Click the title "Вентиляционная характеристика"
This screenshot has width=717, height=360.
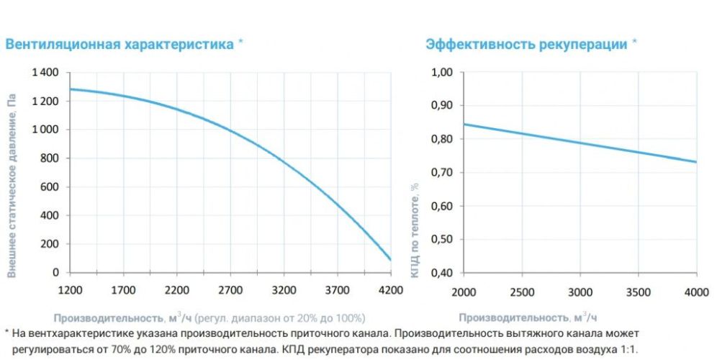(x=119, y=44)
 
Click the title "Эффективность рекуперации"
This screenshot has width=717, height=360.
(x=526, y=44)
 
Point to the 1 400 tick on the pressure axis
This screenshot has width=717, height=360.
(x=45, y=73)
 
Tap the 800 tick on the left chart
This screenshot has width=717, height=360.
(x=50, y=158)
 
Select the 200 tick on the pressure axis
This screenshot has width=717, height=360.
(x=50, y=244)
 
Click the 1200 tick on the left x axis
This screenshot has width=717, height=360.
(x=69, y=292)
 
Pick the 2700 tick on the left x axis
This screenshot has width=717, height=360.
(x=230, y=292)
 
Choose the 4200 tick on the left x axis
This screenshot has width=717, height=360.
(x=390, y=292)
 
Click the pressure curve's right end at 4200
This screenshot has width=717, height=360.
(x=390, y=259)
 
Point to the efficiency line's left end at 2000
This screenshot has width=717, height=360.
(x=463, y=124)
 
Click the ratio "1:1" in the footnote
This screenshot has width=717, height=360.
(x=628, y=349)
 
